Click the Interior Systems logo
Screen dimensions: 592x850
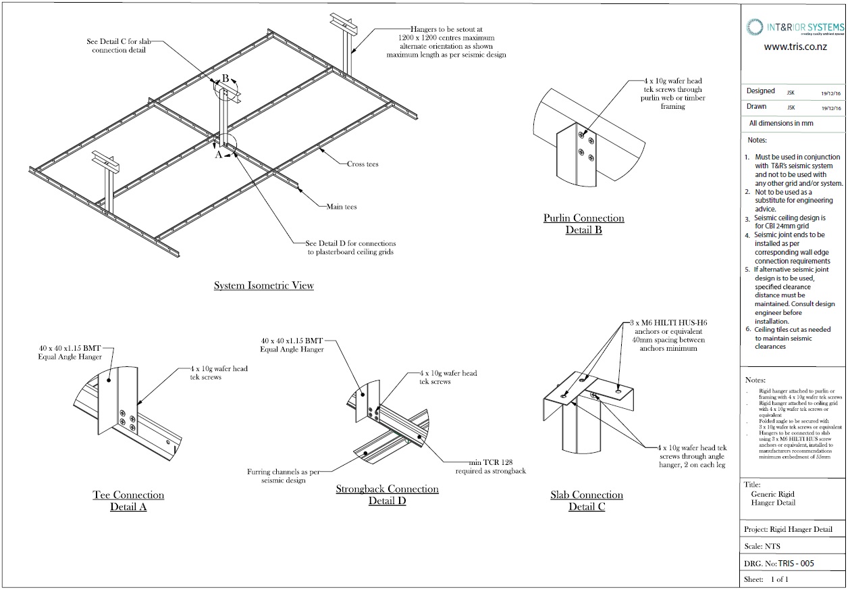[795, 27]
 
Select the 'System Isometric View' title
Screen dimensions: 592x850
[263, 286]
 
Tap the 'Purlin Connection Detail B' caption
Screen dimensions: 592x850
[583, 224]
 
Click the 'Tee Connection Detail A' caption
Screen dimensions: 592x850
[128, 501]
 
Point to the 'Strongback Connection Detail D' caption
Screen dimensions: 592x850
[387, 495]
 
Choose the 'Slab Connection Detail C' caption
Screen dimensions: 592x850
[586, 501]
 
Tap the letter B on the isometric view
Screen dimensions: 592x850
[225, 78]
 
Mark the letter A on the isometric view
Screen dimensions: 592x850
[217, 154]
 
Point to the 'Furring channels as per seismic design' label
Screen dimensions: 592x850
[284, 476]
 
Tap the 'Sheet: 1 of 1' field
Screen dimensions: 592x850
[766, 579]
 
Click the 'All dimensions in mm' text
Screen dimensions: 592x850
[781, 123]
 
